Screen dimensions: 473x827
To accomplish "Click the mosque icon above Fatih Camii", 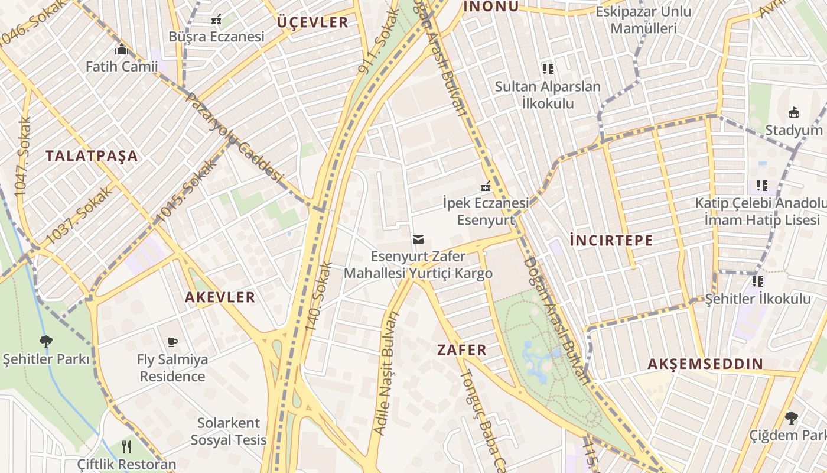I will click(x=122, y=49).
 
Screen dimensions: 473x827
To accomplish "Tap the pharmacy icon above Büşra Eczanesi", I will click(x=216, y=20).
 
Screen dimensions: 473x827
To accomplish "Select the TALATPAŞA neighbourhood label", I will click(x=92, y=156).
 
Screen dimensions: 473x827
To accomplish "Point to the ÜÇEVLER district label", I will click(x=312, y=22).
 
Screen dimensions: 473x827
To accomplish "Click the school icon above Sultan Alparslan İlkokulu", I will click(x=548, y=69).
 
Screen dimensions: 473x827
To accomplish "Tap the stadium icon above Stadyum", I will click(x=793, y=112).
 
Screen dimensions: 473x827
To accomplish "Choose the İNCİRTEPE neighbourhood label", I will click(x=611, y=240).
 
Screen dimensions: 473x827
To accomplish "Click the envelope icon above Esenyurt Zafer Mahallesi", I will click(x=418, y=239).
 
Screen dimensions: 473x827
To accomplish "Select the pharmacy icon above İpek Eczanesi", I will click(x=486, y=186).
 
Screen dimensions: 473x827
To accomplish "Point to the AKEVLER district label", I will click(x=220, y=297).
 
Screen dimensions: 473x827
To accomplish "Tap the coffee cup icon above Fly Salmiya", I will click(x=172, y=342).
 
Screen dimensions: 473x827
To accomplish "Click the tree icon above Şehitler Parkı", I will click(x=45, y=341).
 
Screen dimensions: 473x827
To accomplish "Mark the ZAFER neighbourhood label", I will click(x=462, y=349).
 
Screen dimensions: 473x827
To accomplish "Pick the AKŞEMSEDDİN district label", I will click(x=705, y=364).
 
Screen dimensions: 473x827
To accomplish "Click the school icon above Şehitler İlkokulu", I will click(x=758, y=281).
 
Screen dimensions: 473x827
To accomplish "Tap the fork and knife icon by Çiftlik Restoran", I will click(x=126, y=446).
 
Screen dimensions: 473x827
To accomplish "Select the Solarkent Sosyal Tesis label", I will click(x=229, y=432).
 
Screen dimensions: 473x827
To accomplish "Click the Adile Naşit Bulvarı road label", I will click(x=387, y=372).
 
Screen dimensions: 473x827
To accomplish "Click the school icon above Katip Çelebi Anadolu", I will click(x=762, y=186).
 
